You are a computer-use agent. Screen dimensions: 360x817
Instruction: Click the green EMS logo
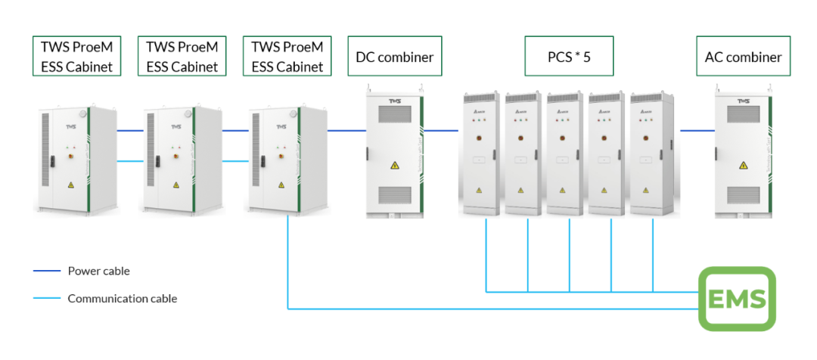[x=736, y=299]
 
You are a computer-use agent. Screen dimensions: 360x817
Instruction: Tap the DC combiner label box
[x=393, y=56]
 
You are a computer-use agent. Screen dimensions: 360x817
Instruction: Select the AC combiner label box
[x=743, y=56]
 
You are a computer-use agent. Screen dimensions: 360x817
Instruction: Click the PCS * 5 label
[x=558, y=56]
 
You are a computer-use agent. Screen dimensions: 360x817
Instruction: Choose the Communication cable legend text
[x=123, y=298]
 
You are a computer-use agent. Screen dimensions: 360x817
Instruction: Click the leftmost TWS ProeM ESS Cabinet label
[x=76, y=56]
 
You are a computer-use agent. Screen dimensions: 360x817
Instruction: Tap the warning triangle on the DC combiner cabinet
[x=393, y=166]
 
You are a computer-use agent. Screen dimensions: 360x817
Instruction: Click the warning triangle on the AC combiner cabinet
[x=743, y=166]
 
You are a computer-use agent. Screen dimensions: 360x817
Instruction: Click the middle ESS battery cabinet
[x=182, y=159]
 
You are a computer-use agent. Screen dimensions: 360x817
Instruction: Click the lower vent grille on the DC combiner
[x=393, y=194]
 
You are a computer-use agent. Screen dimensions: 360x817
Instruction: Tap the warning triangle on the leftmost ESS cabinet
[x=70, y=185]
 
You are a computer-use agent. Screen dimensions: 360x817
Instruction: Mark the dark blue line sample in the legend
[x=46, y=271]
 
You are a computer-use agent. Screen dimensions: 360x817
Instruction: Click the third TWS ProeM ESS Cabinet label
[x=287, y=56]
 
